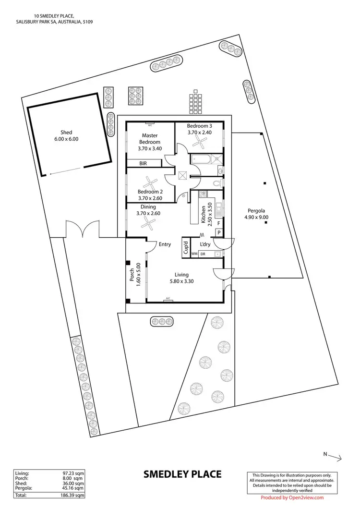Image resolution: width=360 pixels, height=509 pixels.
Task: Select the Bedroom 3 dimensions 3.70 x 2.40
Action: pos(199,133)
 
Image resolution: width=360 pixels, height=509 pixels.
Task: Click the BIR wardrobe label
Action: pos(143,164)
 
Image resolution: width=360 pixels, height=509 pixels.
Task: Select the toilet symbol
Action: pos(217,183)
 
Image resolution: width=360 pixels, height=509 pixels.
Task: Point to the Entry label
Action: pos(165,244)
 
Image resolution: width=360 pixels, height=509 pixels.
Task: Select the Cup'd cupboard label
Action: pos(186,248)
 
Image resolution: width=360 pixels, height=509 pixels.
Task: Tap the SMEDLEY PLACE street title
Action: pos(182,474)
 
